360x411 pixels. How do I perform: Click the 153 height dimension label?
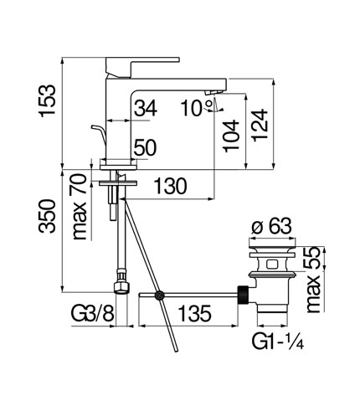tap(47, 100)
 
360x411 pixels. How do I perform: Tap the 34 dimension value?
tap(146, 108)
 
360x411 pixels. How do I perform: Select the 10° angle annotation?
tap(197, 108)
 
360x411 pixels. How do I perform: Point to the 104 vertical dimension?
tap(231, 136)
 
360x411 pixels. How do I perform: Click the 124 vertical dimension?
tap(260, 126)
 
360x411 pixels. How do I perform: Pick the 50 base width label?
tap(145, 147)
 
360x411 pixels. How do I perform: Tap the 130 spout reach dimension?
tap(170, 186)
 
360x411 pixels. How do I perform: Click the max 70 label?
tap(79, 207)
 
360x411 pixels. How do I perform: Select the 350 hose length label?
tap(47, 216)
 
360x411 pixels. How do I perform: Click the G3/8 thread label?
tap(93, 313)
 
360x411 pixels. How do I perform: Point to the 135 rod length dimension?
tap(195, 313)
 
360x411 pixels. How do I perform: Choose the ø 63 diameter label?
tap(271, 226)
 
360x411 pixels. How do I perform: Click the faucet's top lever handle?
tap(142, 66)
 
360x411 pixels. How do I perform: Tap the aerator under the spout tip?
tap(213, 92)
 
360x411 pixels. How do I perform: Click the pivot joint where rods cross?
tap(160, 295)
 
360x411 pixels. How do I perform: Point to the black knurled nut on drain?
tap(244, 295)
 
